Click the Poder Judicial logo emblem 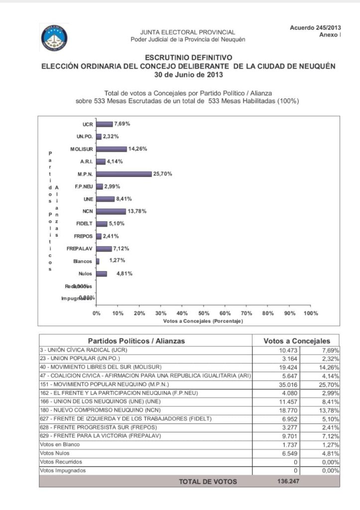54,37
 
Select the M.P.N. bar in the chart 124,174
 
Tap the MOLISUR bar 112,149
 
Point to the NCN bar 111,211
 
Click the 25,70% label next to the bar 162,174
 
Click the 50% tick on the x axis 204,313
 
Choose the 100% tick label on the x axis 311,313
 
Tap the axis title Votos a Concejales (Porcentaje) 203,322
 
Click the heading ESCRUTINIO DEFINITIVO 188,58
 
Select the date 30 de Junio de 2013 188,75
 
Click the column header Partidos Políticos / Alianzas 136,341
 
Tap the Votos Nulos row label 56,453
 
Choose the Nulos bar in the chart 102,273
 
